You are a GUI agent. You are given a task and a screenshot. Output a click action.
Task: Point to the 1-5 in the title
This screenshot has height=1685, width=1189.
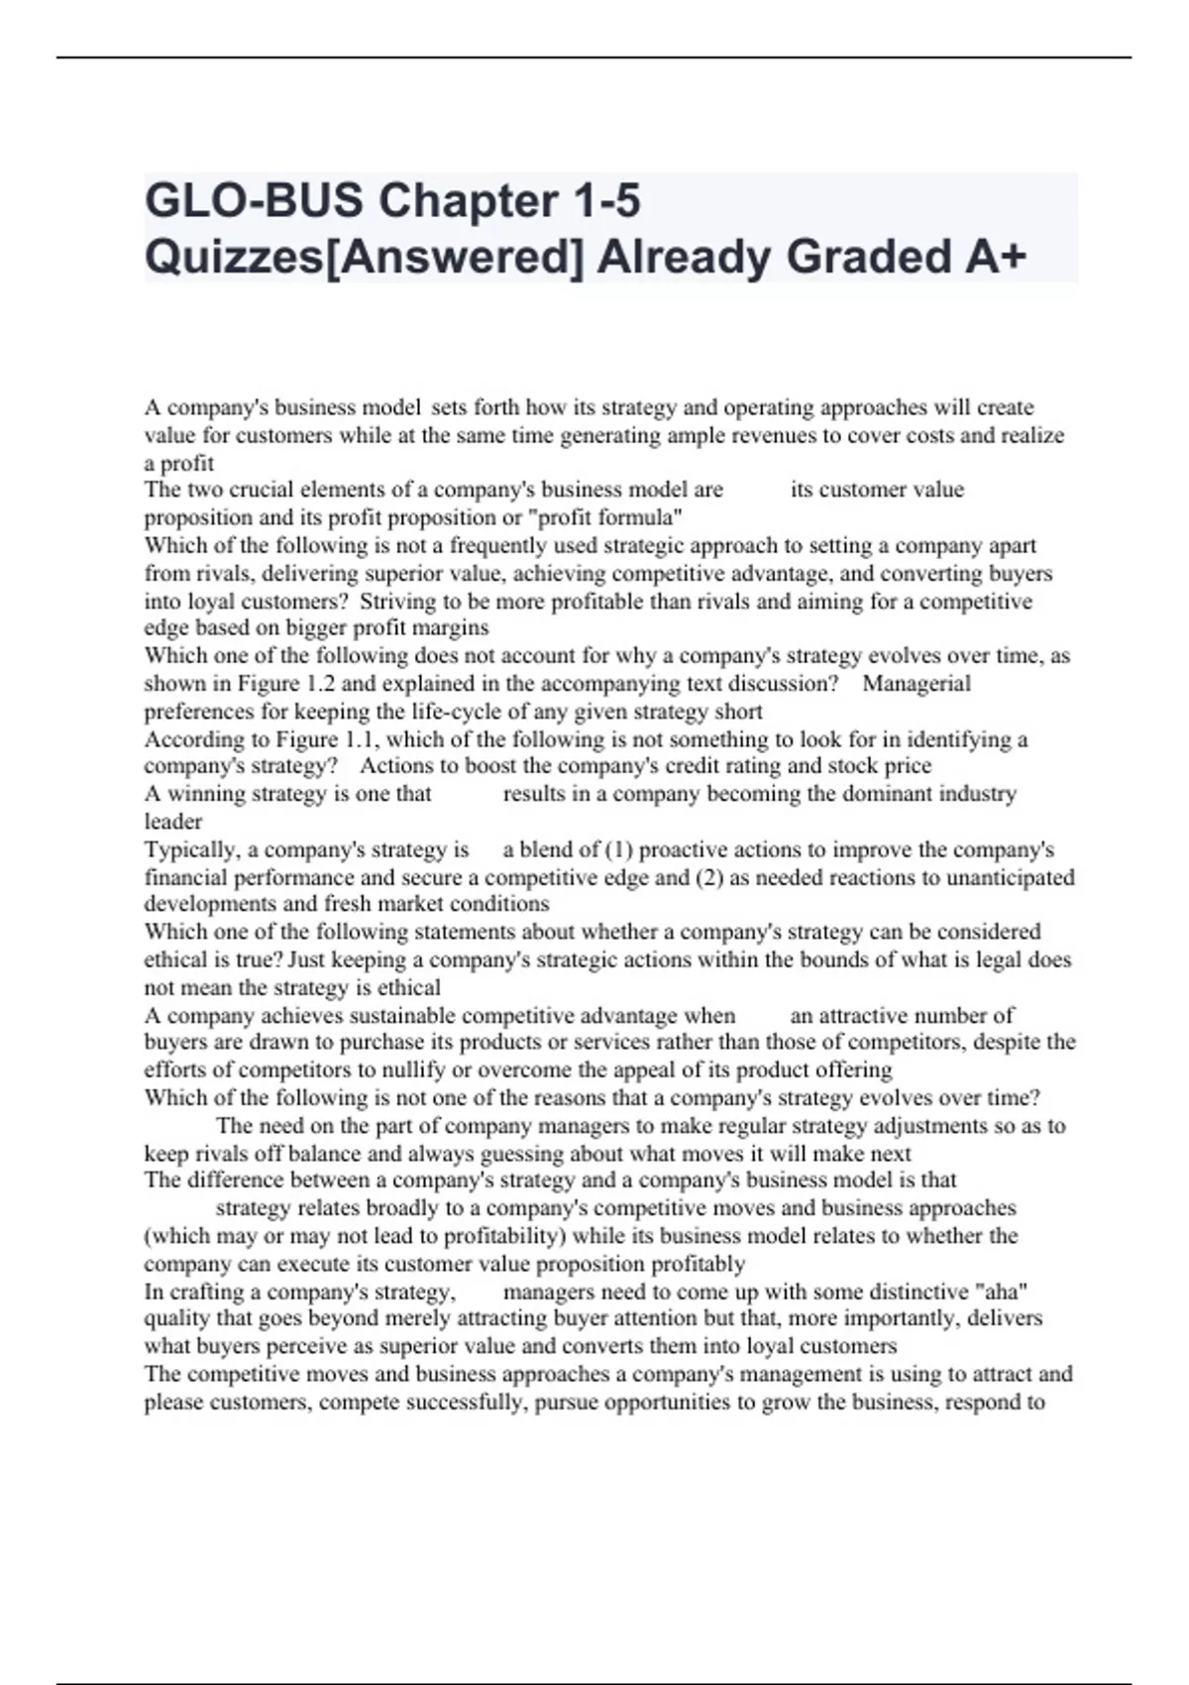606,201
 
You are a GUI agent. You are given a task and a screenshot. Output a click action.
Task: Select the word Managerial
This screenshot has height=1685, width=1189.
917,684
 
